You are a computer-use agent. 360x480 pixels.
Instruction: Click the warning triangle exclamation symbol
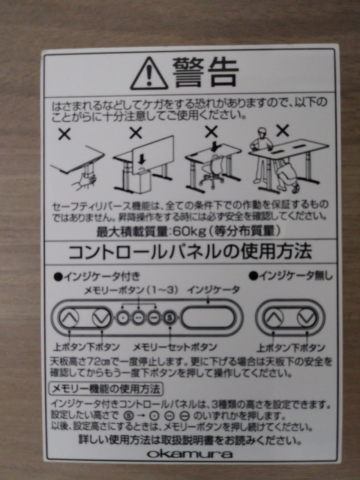coord(149,74)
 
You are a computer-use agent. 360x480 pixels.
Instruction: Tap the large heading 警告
coord(205,72)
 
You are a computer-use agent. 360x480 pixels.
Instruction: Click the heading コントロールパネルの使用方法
coord(190,252)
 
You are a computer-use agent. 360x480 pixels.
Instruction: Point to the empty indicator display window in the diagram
coord(208,318)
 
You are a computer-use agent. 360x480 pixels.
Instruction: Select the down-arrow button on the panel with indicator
coord(101,317)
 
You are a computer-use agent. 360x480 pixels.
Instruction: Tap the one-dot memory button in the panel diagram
coord(122,318)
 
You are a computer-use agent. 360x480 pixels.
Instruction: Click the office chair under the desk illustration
coord(212,174)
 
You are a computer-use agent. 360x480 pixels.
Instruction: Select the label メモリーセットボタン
coord(175,347)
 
